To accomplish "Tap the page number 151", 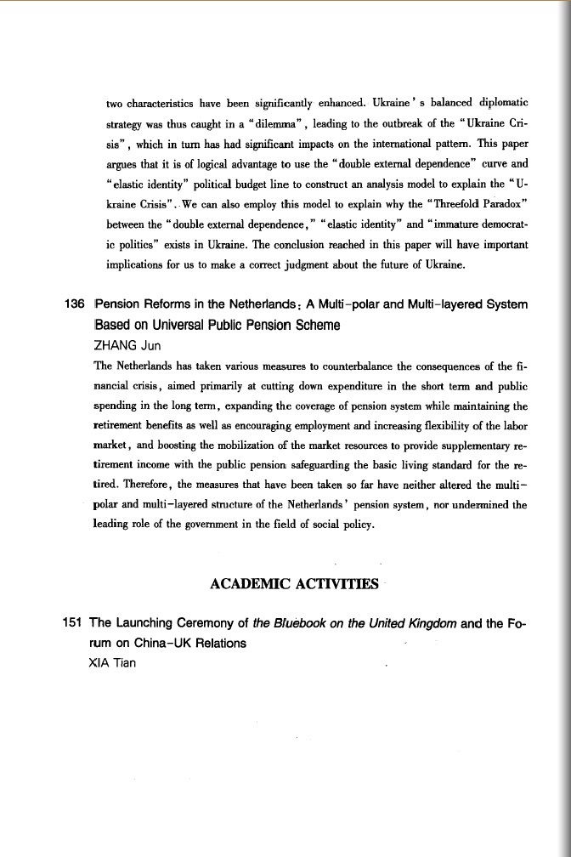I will pos(74,622).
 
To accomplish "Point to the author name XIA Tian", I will pos(112,663).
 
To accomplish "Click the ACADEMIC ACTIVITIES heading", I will pos(293,583).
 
